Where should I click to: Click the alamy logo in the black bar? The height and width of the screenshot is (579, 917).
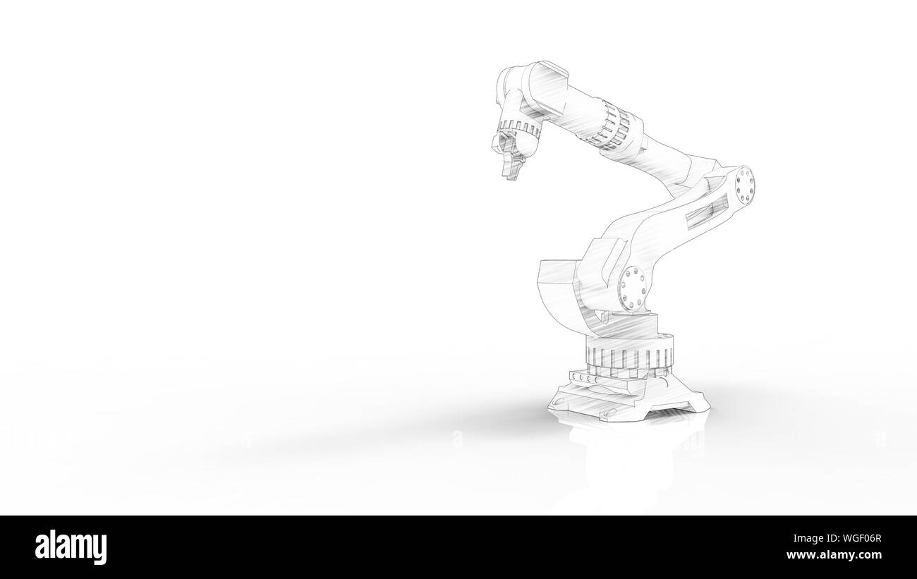71,547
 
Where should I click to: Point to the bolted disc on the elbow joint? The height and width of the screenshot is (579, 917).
743,184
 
